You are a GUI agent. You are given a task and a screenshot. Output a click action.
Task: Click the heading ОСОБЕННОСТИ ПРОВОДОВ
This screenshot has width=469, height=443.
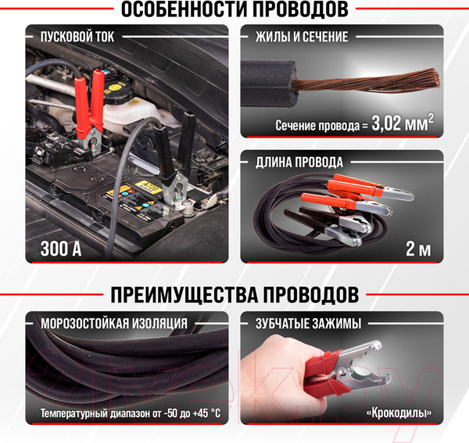click(x=234, y=10)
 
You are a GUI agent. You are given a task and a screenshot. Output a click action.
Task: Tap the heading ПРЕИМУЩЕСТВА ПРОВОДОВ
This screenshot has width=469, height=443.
click(x=234, y=295)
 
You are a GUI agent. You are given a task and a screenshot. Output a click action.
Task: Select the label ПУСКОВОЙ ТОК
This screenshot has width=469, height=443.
click(x=74, y=36)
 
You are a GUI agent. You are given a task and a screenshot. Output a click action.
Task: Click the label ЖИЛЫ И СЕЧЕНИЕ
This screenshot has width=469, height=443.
click(x=302, y=36)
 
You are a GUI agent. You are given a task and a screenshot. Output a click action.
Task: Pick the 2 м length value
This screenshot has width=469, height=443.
click(x=417, y=250)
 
